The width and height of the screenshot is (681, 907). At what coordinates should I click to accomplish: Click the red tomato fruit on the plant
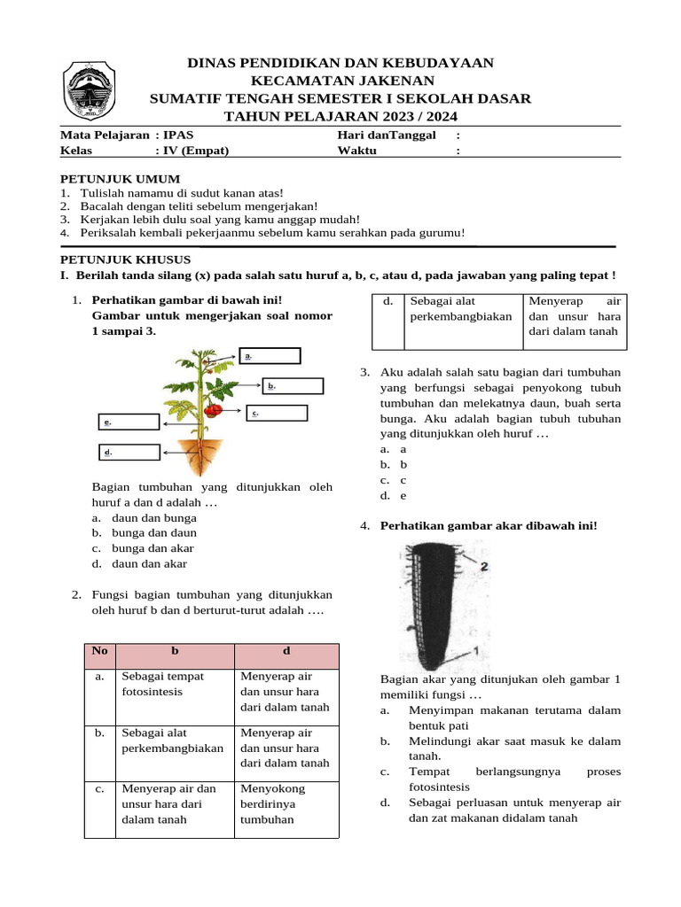click(x=214, y=410)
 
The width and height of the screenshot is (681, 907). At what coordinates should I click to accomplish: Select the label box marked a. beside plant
click(x=270, y=356)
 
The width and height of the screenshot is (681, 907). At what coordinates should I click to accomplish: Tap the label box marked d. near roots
click(x=128, y=453)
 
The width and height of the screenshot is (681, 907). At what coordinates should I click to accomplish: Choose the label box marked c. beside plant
click(x=278, y=413)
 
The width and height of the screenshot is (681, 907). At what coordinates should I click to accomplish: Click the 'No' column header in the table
click(x=99, y=651)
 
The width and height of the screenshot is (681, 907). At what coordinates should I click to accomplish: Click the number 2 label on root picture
click(x=484, y=564)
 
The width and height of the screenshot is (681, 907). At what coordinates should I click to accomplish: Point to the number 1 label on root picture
click(x=476, y=650)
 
